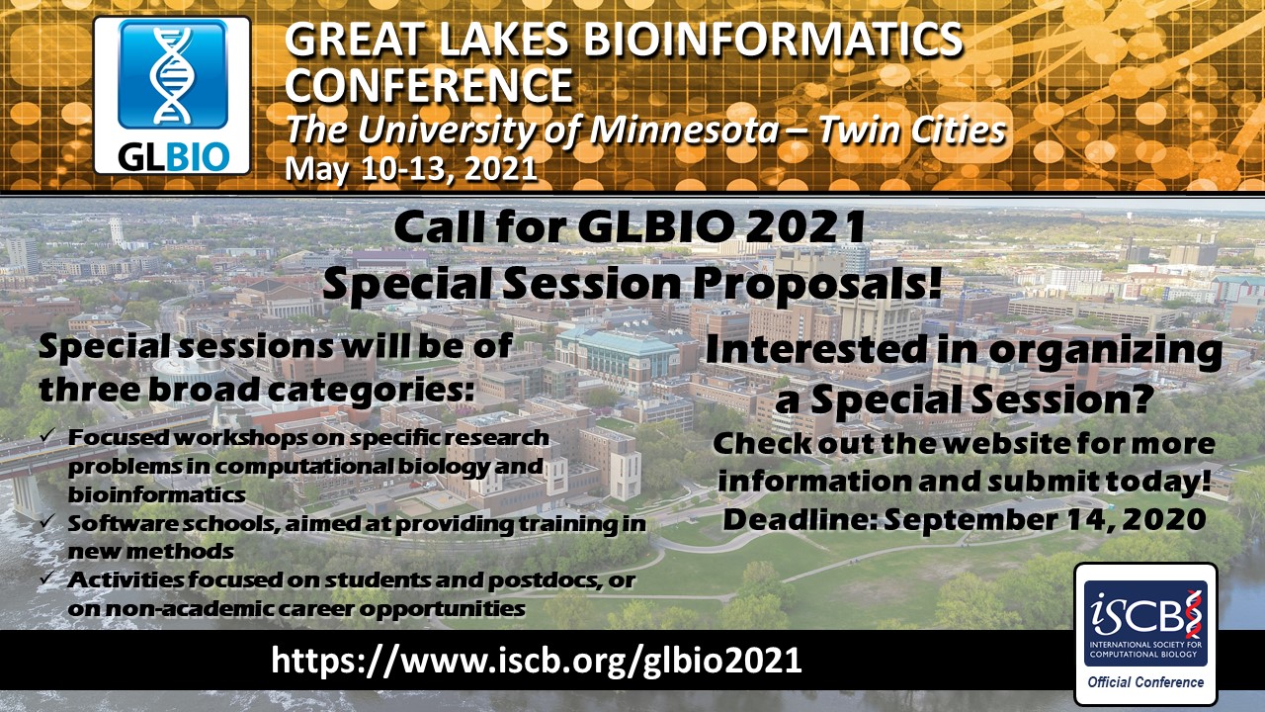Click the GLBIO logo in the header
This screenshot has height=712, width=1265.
[171, 95]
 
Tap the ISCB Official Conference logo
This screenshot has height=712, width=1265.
[1145, 633]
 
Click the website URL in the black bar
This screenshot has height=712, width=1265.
[537, 660]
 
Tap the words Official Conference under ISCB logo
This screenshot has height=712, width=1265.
[1145, 681]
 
